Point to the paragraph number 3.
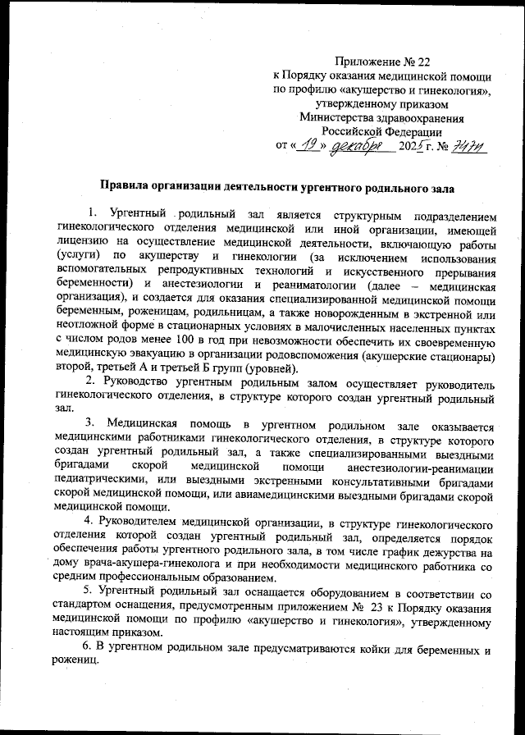click(x=89, y=426)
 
